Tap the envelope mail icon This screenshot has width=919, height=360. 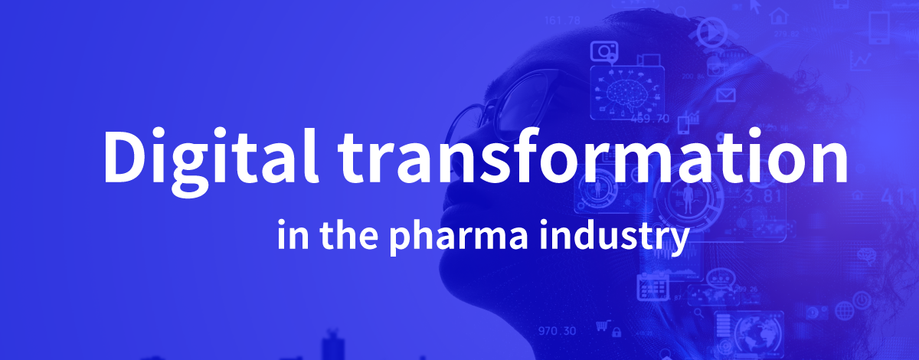click(x=726, y=96)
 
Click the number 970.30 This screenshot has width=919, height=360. click(x=558, y=331)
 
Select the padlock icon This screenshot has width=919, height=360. click(x=616, y=332)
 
